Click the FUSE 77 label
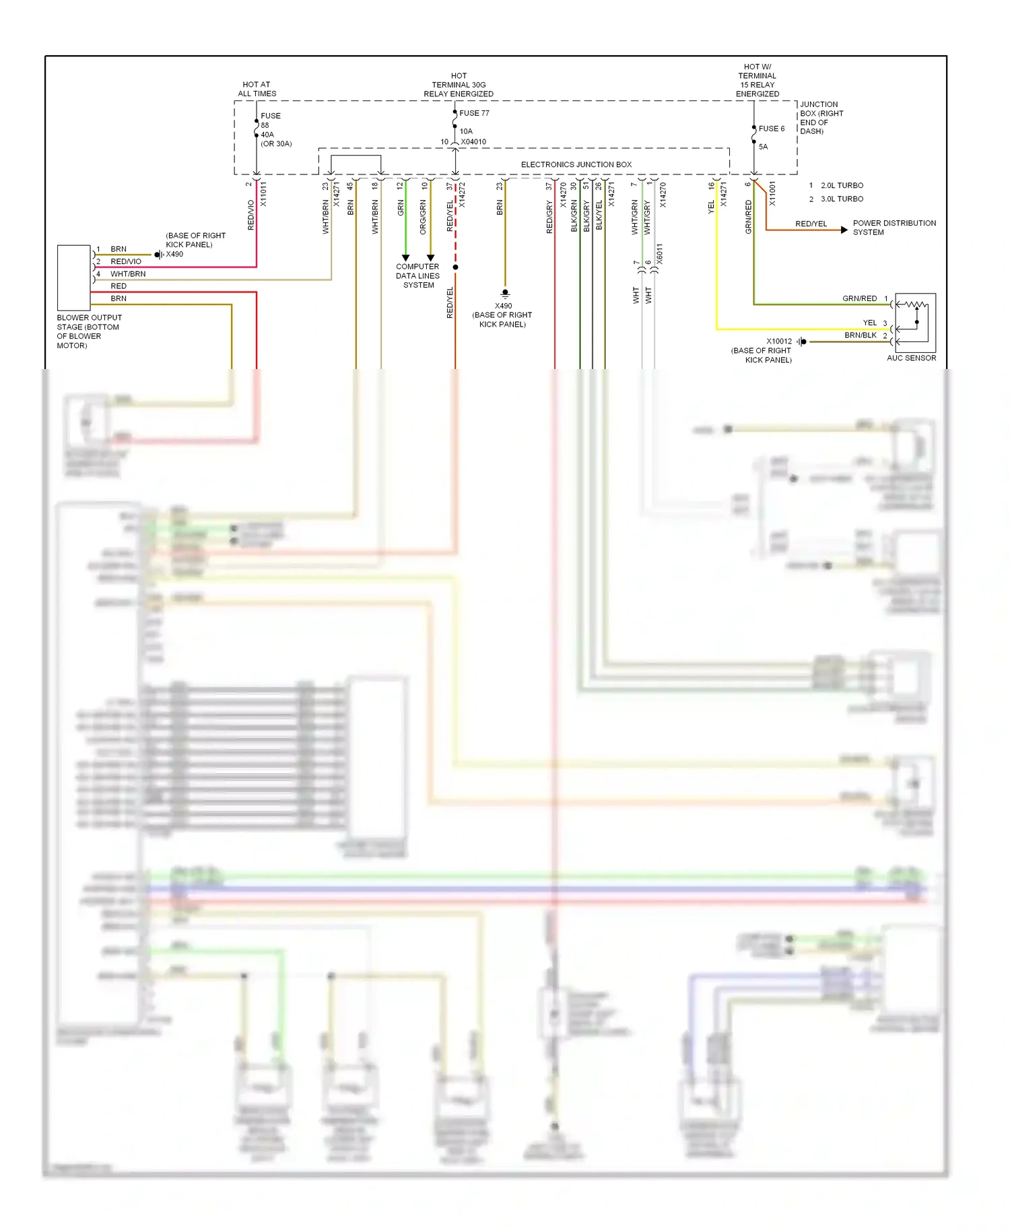pyautogui.click(x=474, y=113)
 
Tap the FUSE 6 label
pyautogui.click(x=771, y=129)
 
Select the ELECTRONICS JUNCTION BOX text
pyautogui.click(x=576, y=164)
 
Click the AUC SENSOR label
pyautogui.click(x=911, y=358)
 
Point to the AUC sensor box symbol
pyautogui.click(x=915, y=323)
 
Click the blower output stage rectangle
pyautogui.click(x=74, y=277)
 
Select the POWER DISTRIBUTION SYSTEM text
pyautogui.click(x=894, y=228)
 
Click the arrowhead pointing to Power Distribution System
pyautogui.click(x=844, y=230)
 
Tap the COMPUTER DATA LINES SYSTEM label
pyautogui.click(x=417, y=275)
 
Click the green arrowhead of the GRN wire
pyautogui.click(x=405, y=258)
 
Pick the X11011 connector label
pyautogui.click(x=263, y=194)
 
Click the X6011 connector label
pyautogui.click(x=659, y=254)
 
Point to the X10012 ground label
pyautogui.click(x=779, y=341)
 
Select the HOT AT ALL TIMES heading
pyautogui.click(x=257, y=89)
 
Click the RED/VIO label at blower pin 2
pyautogui.click(x=126, y=261)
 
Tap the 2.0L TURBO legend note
pyautogui.click(x=842, y=185)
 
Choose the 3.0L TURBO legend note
pyautogui.click(x=842, y=199)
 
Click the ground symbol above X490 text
pyautogui.click(x=505, y=294)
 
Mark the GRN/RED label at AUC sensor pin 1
pyautogui.click(x=859, y=298)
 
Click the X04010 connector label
pyautogui.click(x=473, y=141)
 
